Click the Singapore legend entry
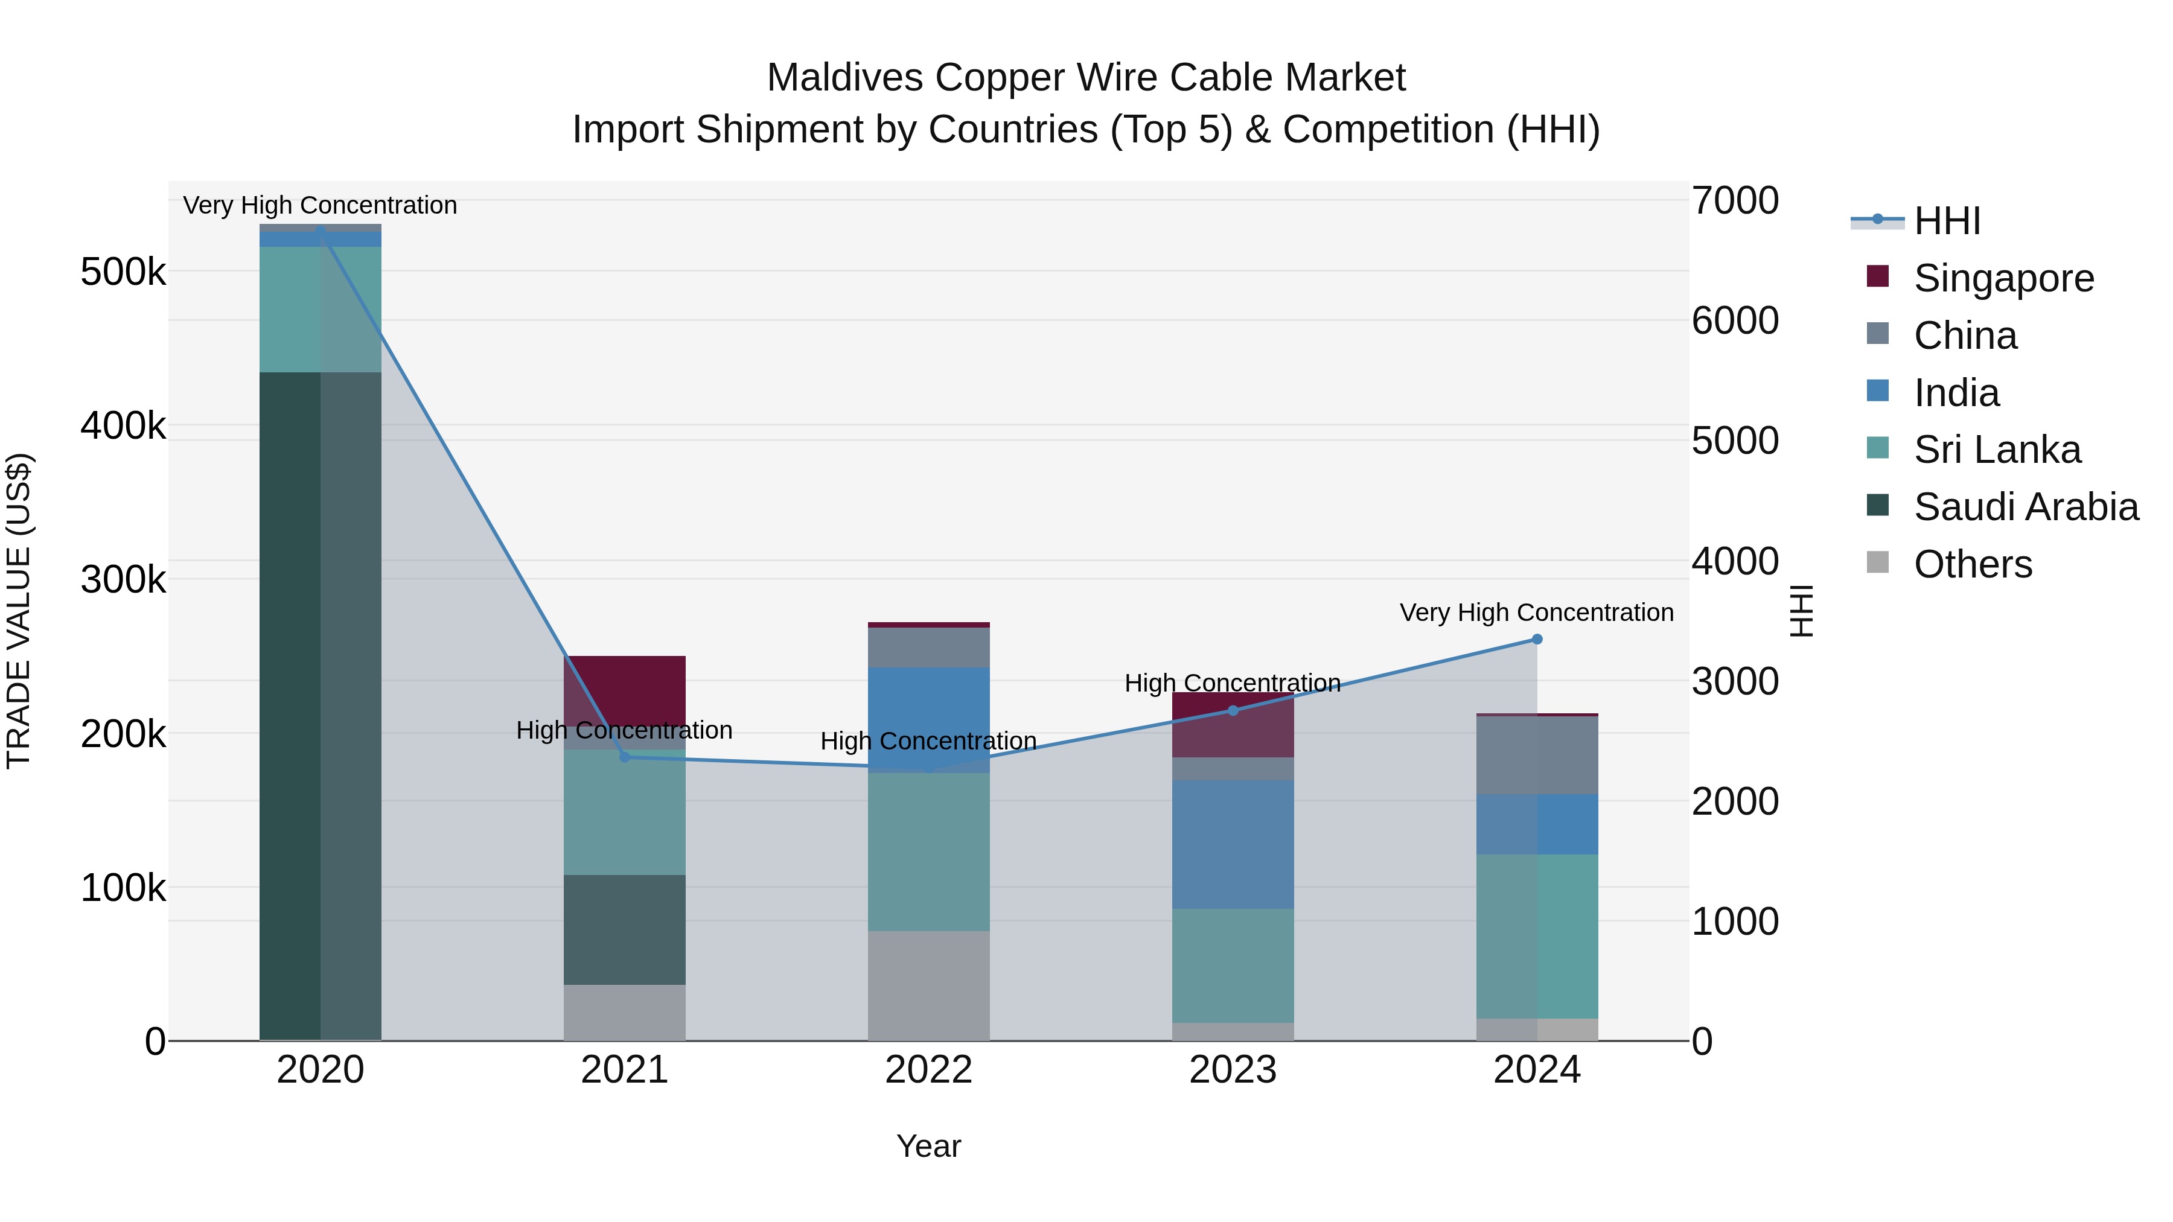point(2003,278)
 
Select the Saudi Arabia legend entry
point(2025,507)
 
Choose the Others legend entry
point(1972,564)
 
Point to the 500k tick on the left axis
point(123,272)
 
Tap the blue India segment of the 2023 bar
point(1233,844)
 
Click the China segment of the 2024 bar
point(1536,755)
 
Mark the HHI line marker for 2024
point(1536,639)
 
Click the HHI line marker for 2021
point(624,757)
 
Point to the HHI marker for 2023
point(1233,710)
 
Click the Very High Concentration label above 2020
point(320,205)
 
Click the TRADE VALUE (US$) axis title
point(19,611)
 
